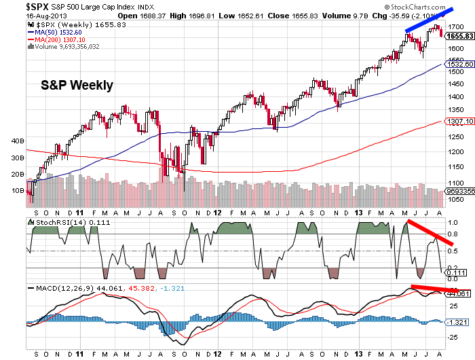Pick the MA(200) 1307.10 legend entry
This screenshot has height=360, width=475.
point(57,39)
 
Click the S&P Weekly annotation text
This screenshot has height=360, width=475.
point(75,86)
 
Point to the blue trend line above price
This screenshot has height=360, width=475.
point(430,18)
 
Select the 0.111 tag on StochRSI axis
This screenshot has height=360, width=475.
point(458,272)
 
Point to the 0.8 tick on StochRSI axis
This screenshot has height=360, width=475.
point(453,234)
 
